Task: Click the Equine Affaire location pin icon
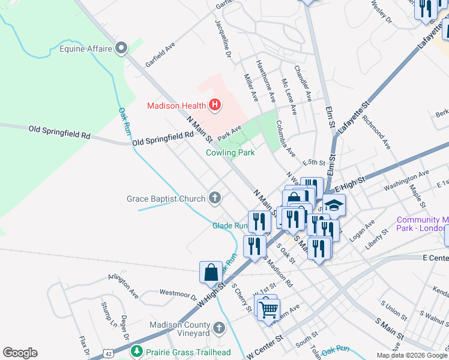[x=122, y=47]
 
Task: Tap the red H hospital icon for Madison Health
[x=215, y=107]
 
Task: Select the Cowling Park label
[x=230, y=153]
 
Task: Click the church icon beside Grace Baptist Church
[x=215, y=198]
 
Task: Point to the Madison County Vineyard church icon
[x=219, y=328]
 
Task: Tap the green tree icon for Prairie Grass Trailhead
[x=137, y=350]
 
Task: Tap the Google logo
[x=20, y=353]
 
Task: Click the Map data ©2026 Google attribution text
[x=412, y=355]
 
